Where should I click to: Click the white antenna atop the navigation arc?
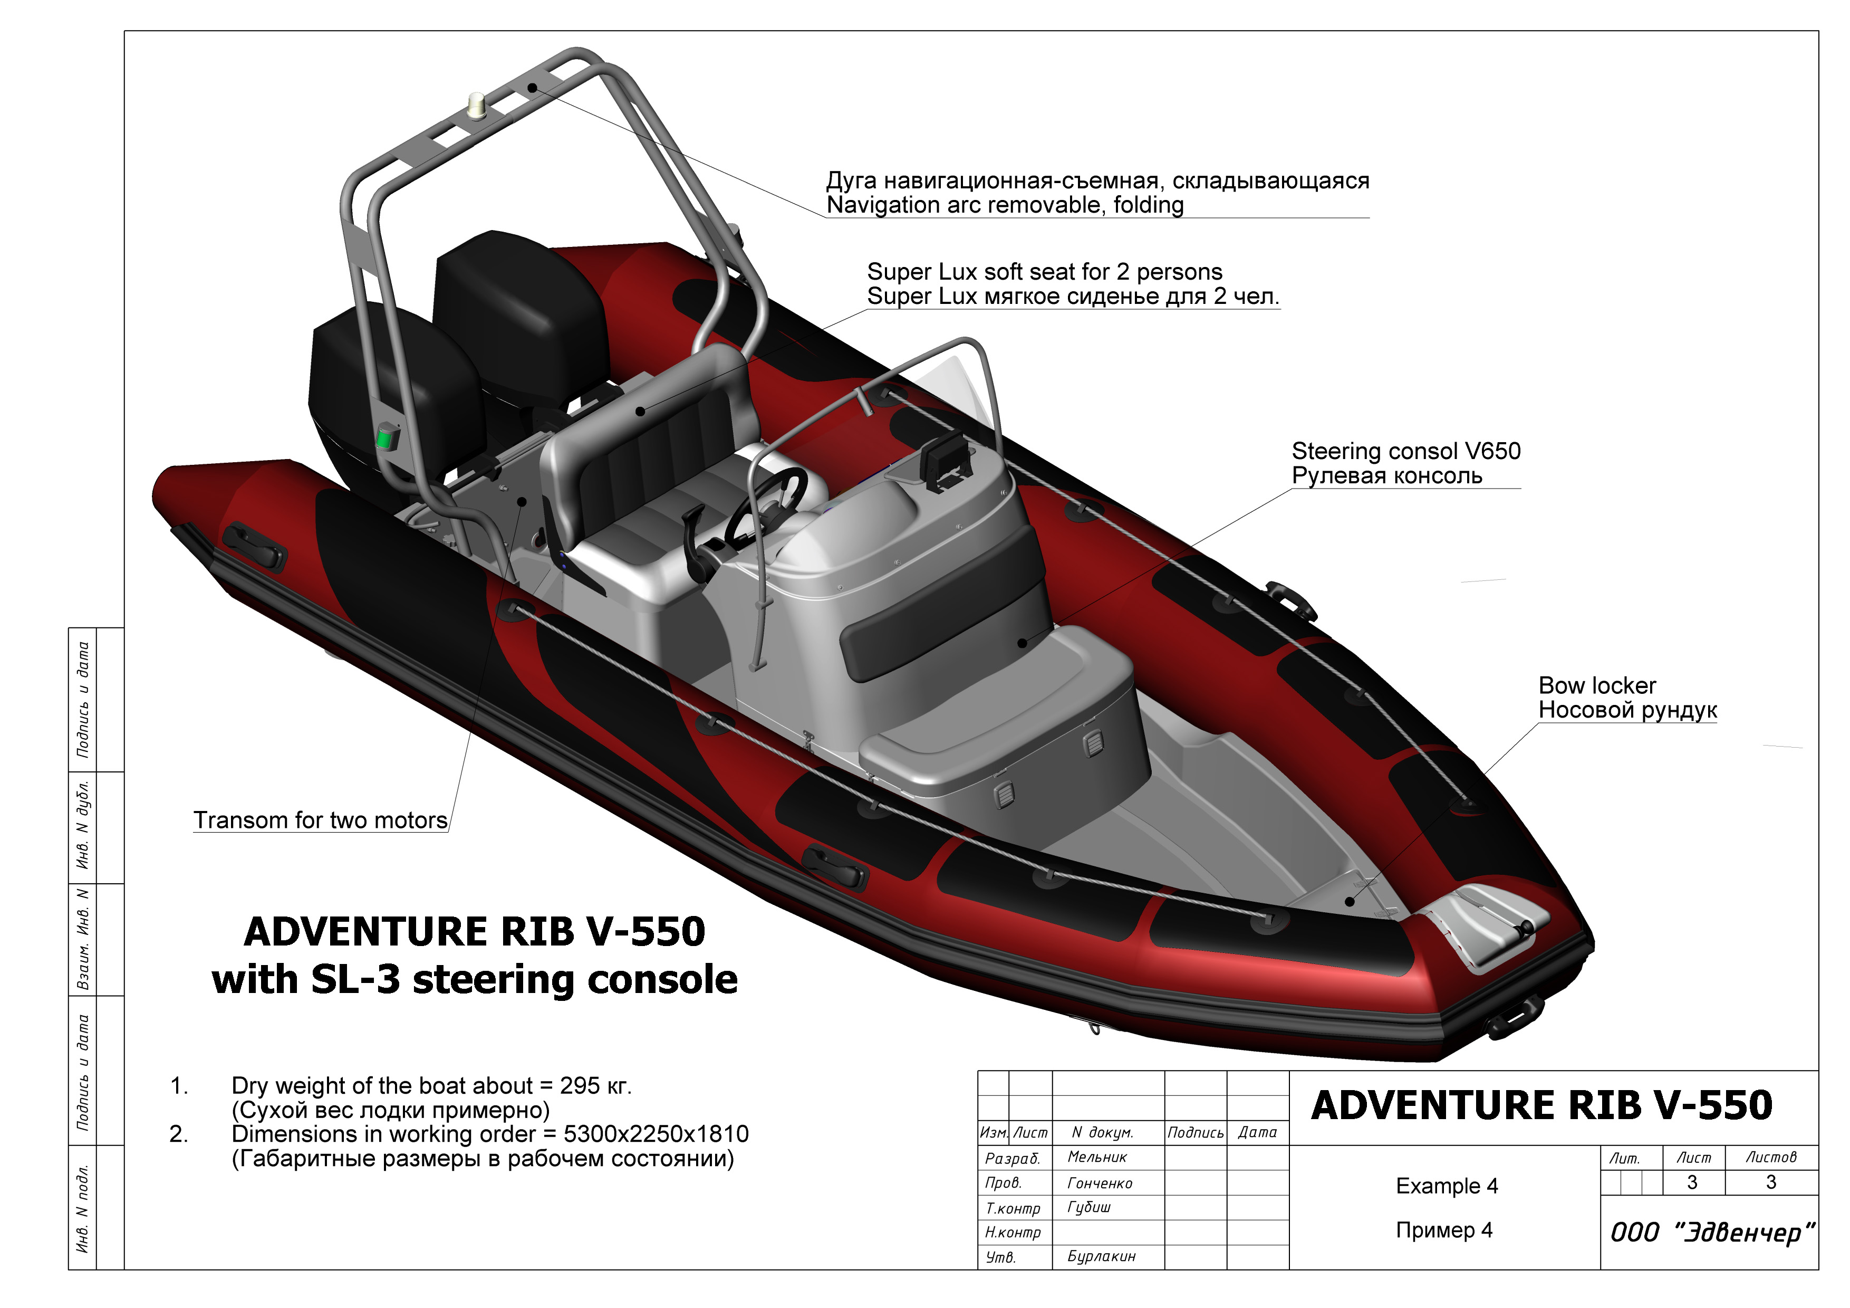click(478, 106)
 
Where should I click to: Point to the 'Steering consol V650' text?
click(1406, 451)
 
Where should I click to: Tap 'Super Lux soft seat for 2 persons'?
click(1044, 272)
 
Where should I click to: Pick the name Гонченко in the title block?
click(1100, 1183)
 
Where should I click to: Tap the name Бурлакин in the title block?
click(1102, 1256)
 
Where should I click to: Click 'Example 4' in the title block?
click(1447, 1186)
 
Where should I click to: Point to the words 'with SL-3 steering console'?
click(475, 979)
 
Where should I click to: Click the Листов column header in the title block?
click(1771, 1157)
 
